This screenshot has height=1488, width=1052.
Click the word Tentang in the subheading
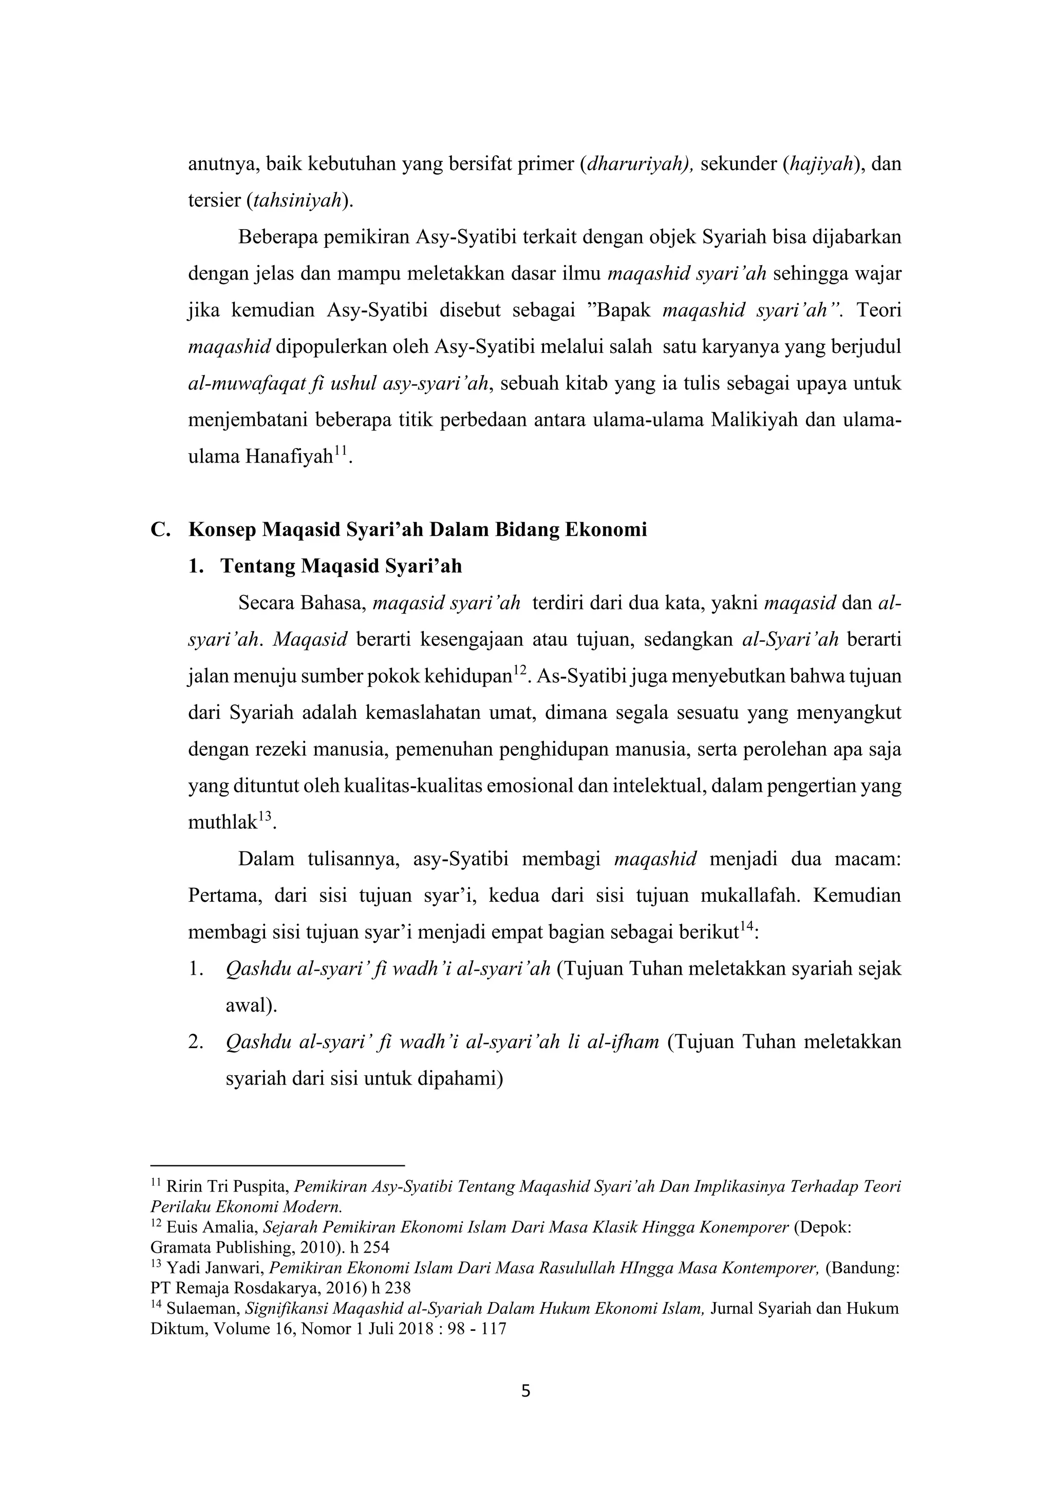258,566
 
